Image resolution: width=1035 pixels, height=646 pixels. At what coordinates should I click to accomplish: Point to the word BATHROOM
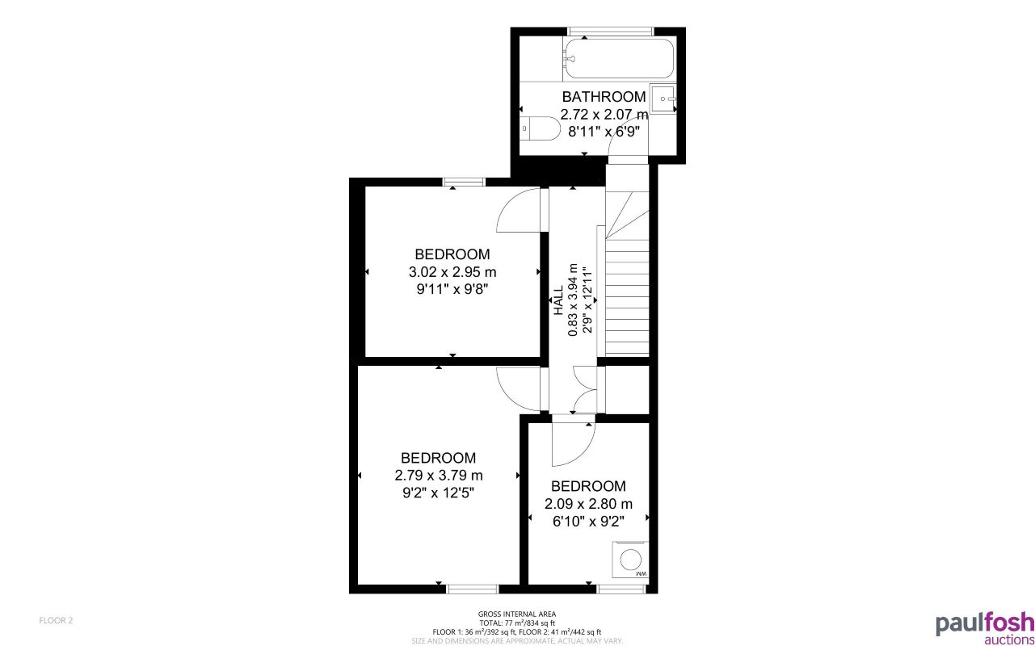pos(604,97)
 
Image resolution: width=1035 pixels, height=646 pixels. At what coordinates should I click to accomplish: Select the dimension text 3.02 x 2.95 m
pos(452,271)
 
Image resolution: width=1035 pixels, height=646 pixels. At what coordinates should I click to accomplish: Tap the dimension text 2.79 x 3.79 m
pos(439,475)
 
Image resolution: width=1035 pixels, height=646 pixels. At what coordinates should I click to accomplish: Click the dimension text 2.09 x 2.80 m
pos(588,504)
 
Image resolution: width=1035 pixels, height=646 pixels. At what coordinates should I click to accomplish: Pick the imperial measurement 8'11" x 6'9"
pos(604,132)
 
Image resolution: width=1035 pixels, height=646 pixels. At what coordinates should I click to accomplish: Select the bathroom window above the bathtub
pos(598,31)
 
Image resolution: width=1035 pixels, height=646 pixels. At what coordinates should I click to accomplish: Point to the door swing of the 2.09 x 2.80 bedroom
pos(572,444)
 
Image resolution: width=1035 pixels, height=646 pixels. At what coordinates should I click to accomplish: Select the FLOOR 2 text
pos(56,620)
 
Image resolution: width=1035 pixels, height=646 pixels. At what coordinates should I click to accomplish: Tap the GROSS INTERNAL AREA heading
pos(517,615)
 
